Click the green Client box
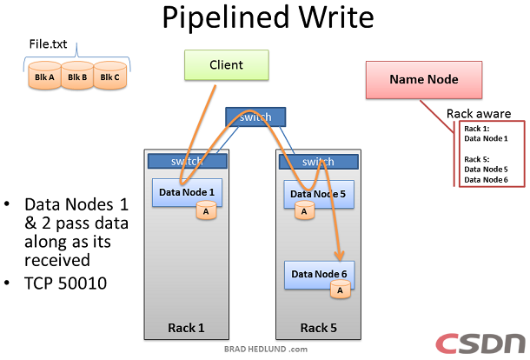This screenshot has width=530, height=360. click(227, 65)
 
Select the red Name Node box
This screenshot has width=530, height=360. click(423, 79)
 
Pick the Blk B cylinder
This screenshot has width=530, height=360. click(76, 77)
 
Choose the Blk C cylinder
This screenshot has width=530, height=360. click(109, 77)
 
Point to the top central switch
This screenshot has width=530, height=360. click(254, 117)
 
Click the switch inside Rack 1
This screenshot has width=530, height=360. click(188, 161)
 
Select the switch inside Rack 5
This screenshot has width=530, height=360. click(317, 161)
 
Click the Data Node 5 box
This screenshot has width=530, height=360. click(319, 194)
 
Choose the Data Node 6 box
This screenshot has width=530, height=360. click(319, 274)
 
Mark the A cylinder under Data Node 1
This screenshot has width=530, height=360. click(206, 210)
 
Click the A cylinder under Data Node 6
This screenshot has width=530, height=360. click(339, 290)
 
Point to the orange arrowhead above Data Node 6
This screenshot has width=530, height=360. click(340, 254)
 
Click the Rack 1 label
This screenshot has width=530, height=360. click(188, 328)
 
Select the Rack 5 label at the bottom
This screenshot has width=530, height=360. click(318, 328)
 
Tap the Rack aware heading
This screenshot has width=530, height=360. click(478, 114)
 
